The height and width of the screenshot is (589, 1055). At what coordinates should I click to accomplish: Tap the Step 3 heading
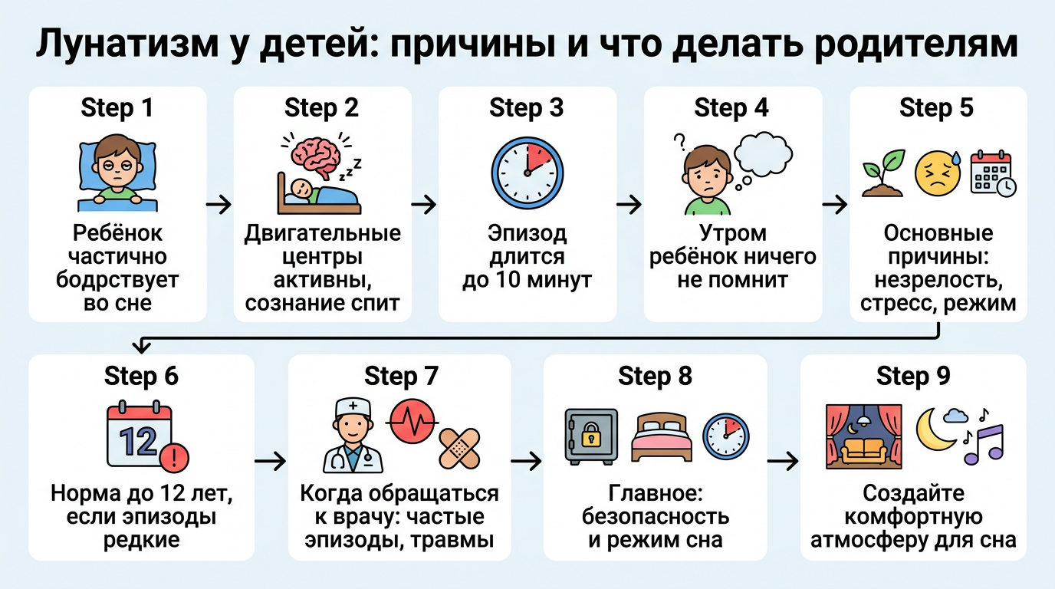527,108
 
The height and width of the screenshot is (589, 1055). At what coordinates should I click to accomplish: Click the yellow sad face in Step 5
938,173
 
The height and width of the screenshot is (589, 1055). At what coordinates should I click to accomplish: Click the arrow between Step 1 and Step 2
219,205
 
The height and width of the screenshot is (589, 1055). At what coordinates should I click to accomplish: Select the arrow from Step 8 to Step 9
783,462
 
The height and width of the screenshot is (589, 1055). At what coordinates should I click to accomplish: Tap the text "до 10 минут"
527,280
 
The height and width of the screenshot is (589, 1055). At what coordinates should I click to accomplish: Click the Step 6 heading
141,377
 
